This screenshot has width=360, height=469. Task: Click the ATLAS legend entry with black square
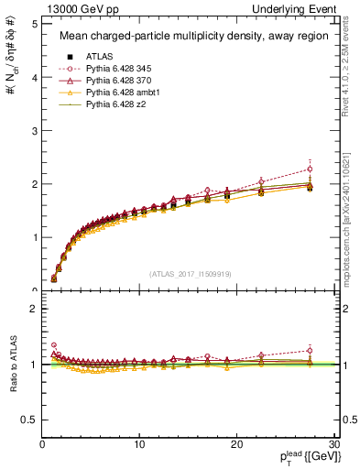coord(99,56)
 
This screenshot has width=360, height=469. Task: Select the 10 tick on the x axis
coord(139,444)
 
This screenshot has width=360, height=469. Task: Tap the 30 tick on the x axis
coord(334,444)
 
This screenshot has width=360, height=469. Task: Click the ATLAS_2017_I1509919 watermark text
coord(189,272)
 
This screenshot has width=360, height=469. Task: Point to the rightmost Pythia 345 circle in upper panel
coord(310,169)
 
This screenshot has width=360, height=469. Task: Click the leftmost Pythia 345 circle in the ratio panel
coord(53,345)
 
